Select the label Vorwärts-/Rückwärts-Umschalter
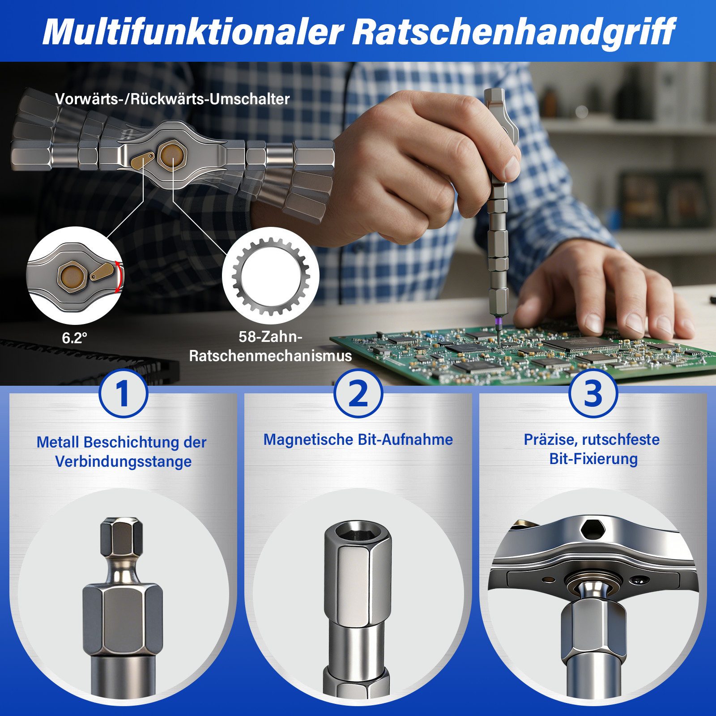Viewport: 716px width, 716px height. tap(172, 99)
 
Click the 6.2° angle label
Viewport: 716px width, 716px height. tap(74, 338)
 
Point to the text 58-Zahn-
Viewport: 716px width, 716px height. tap(270, 337)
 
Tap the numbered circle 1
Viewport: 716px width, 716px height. tap(123, 393)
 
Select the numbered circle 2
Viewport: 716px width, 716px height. tap(358, 393)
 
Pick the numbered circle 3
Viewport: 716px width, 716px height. tap(593, 393)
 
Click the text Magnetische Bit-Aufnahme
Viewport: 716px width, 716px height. tap(358, 439)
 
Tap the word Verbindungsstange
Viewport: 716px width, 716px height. tap(123, 461)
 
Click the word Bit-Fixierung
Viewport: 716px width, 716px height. tap(593, 459)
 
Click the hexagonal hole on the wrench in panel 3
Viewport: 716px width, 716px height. tap(592, 529)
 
